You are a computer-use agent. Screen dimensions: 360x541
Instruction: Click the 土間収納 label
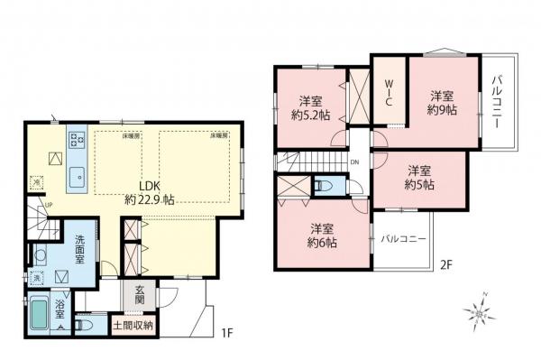click(x=133, y=323)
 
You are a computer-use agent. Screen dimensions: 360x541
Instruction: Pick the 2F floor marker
click(x=445, y=265)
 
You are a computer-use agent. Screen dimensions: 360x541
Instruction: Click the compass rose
click(x=477, y=311)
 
